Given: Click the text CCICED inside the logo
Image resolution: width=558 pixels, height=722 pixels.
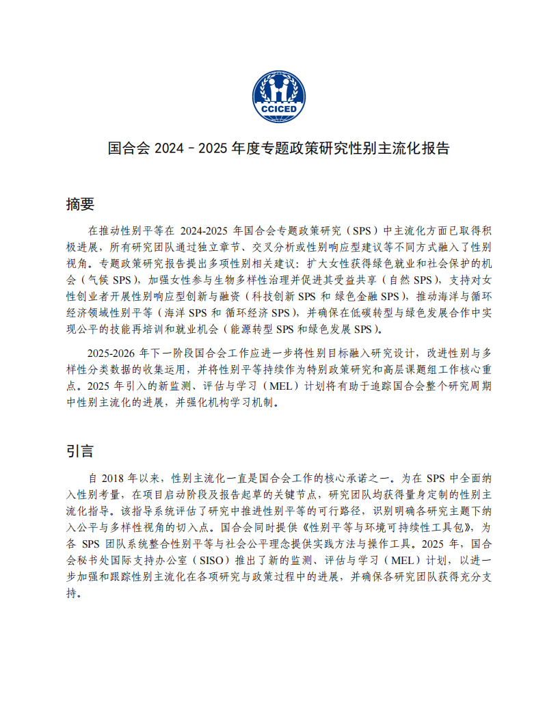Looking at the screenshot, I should tap(279, 109).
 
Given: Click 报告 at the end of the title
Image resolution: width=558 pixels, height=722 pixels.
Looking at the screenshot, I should tap(436, 148).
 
